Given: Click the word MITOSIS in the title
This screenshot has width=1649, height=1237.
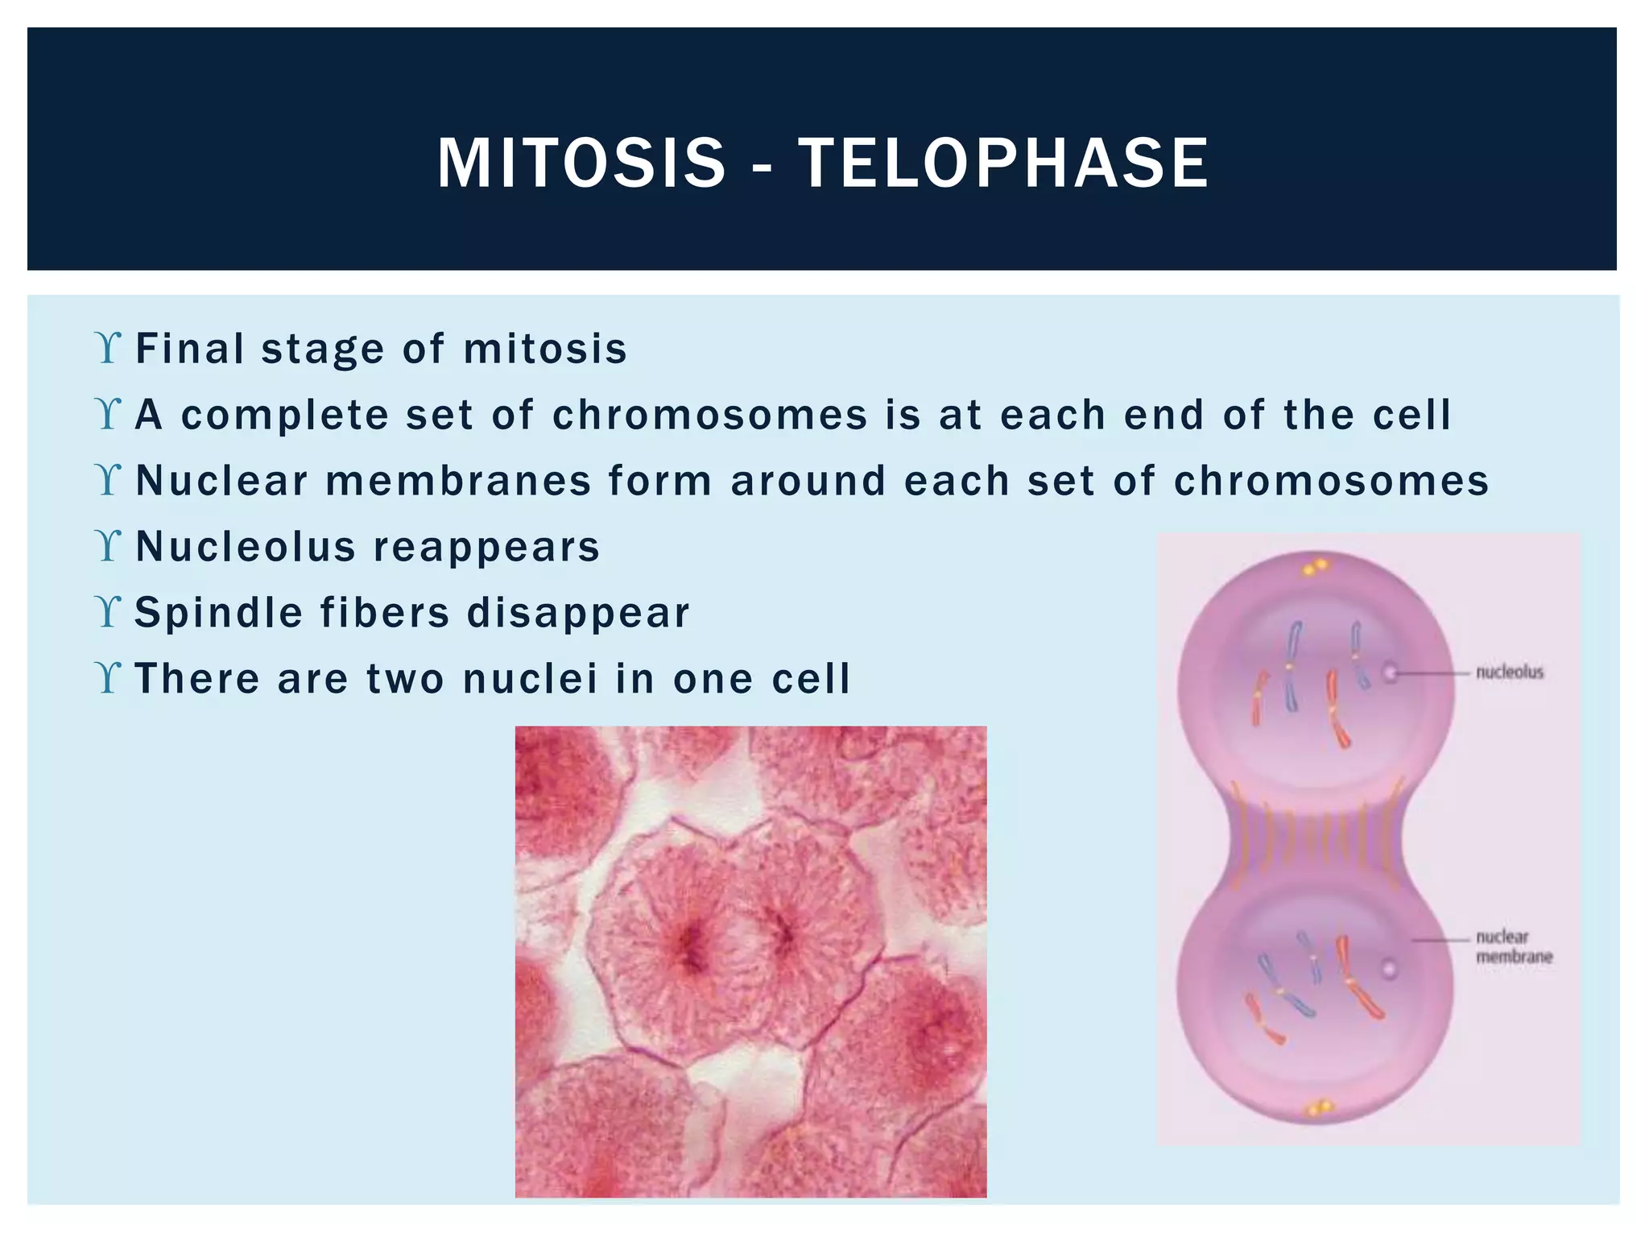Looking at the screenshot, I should (581, 163).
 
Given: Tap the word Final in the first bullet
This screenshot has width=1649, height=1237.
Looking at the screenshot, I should (190, 349).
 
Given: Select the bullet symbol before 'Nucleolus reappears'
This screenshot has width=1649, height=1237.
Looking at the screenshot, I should (107, 546).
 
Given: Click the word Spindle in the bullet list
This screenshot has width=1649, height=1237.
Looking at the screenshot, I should (218, 612).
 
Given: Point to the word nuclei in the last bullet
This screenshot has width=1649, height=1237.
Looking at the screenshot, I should (530, 678).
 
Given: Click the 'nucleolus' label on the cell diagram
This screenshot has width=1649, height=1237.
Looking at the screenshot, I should (1509, 672).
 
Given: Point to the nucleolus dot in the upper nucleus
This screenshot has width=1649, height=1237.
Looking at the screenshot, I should (1391, 671).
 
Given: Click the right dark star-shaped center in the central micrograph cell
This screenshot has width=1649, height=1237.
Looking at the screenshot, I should (783, 934).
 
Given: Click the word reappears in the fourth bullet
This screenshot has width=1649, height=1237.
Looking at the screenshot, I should (486, 547).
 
